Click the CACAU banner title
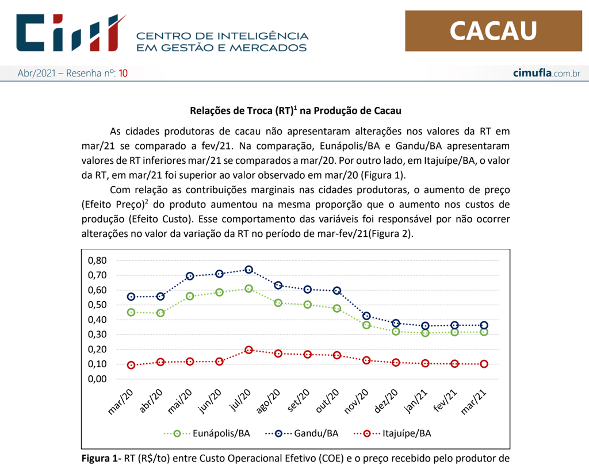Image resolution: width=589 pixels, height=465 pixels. (x=493, y=30)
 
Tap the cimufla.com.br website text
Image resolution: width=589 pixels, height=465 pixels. (x=546, y=74)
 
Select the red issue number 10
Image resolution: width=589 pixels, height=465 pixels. (x=123, y=74)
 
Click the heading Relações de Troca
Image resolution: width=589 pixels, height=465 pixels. (x=295, y=110)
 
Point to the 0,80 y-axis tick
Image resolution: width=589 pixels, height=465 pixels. (x=98, y=260)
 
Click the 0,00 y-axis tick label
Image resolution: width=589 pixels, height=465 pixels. (x=98, y=379)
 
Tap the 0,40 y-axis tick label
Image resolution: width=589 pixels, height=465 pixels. (x=98, y=320)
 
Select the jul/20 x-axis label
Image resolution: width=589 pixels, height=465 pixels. (x=240, y=401)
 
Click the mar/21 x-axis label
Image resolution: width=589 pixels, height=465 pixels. (x=475, y=401)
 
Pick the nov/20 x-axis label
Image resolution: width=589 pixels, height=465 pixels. (x=358, y=401)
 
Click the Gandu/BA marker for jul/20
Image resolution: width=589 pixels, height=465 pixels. (x=248, y=270)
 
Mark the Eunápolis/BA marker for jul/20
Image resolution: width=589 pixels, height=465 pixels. (x=248, y=289)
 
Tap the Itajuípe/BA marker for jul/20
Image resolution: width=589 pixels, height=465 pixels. (x=248, y=349)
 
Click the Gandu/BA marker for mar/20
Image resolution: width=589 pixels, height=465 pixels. (x=131, y=297)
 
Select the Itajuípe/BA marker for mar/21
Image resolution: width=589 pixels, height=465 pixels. (x=484, y=364)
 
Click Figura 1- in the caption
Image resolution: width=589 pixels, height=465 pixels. (x=101, y=458)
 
